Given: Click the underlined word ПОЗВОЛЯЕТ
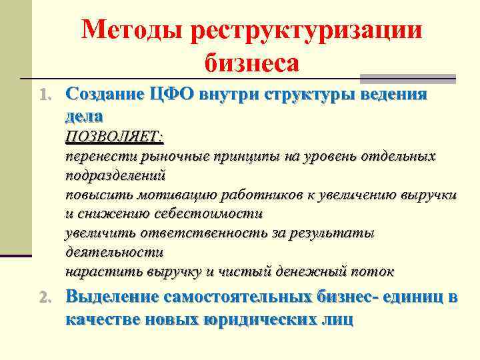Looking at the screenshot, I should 113,136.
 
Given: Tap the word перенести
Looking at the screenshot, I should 101,157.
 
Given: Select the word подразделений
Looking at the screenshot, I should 115,176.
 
